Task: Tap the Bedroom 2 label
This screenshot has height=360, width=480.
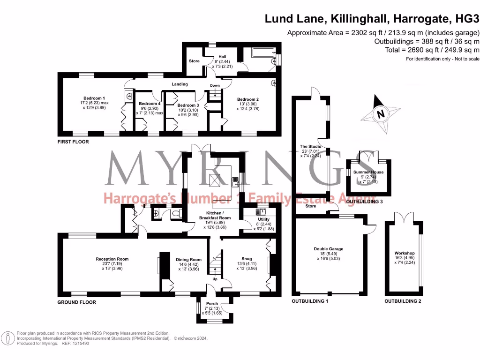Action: coord(247,99)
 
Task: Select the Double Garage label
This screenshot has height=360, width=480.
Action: coord(328,249)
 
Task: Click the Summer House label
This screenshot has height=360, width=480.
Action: coord(368,172)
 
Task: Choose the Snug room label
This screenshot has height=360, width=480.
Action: coord(246,259)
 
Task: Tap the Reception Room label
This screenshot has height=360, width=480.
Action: coord(112,259)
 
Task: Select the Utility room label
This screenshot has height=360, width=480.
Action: coord(263,219)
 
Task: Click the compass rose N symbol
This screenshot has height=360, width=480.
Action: coord(381,113)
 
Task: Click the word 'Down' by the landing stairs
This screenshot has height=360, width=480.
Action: coord(215,86)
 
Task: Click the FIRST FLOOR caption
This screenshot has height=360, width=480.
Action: coord(73,142)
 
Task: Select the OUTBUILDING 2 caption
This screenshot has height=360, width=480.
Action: coord(403,301)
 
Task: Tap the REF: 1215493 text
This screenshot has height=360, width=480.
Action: coord(75,344)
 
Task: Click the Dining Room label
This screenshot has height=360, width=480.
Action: coord(188,259)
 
